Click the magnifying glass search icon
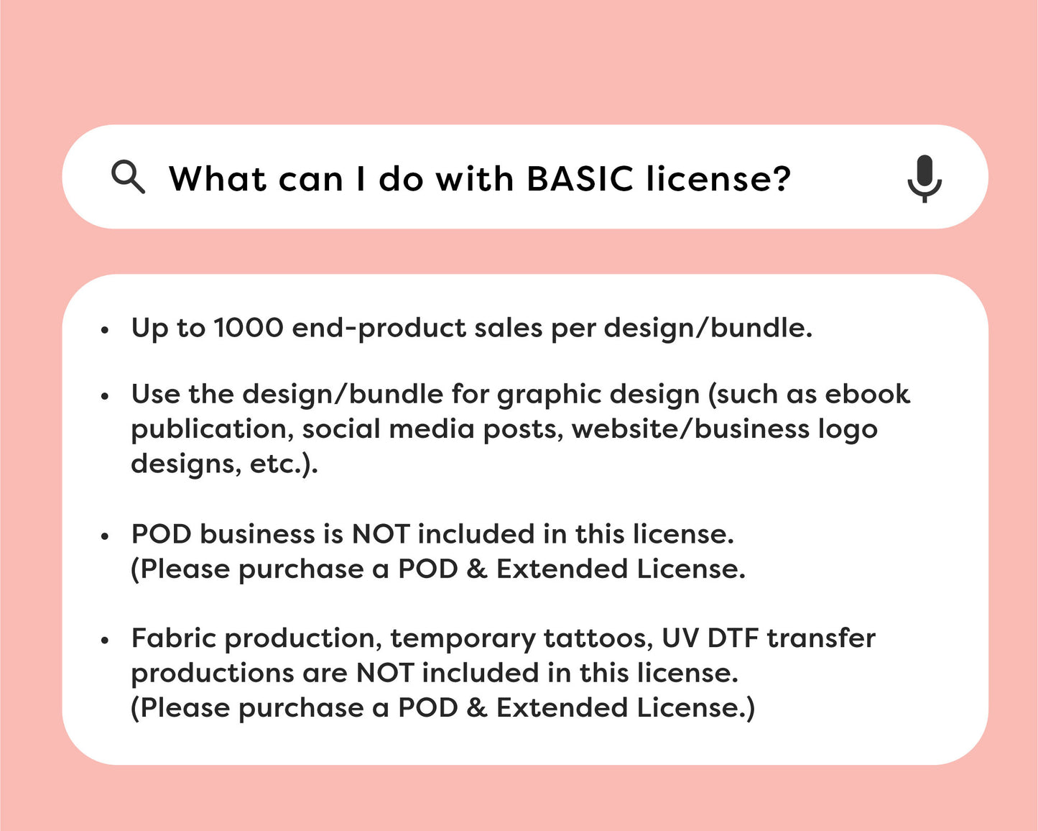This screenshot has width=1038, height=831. click(x=128, y=177)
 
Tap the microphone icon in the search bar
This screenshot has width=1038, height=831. click(x=925, y=179)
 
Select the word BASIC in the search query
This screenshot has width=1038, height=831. click(x=580, y=179)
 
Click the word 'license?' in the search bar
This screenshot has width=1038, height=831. click(x=718, y=179)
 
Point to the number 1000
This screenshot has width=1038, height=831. click(x=249, y=328)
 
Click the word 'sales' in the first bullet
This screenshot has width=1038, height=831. click(x=509, y=328)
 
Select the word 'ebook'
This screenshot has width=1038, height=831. click(x=867, y=394)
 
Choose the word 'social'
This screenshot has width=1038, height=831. click(x=341, y=428)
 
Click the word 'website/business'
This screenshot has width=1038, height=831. click(x=690, y=428)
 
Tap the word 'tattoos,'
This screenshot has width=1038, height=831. click(x=598, y=638)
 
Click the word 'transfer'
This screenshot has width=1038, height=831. click(x=822, y=638)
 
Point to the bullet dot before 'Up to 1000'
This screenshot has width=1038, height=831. click(x=105, y=330)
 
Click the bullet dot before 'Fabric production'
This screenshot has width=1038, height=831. click(x=105, y=641)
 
